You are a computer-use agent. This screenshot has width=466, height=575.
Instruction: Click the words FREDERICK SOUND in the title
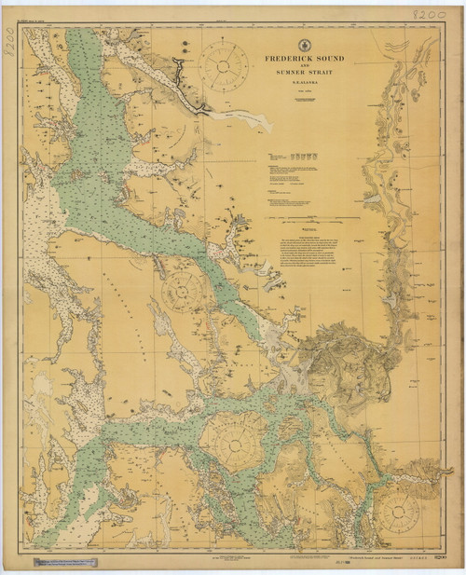tap(303, 59)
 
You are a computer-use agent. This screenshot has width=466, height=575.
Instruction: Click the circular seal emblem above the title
tap(303, 45)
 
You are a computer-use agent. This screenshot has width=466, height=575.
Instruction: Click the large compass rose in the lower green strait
tap(233, 438)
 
